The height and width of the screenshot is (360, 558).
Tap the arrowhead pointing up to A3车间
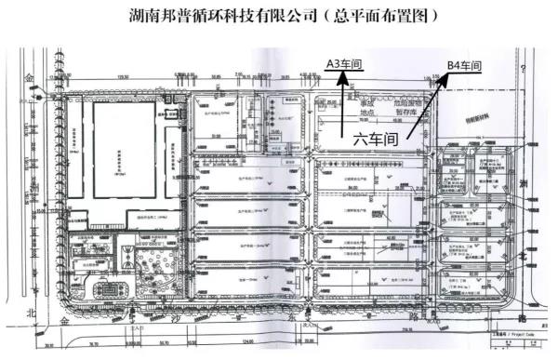click(x=342, y=79)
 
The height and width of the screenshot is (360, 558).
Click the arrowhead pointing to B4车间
click(x=440, y=80)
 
